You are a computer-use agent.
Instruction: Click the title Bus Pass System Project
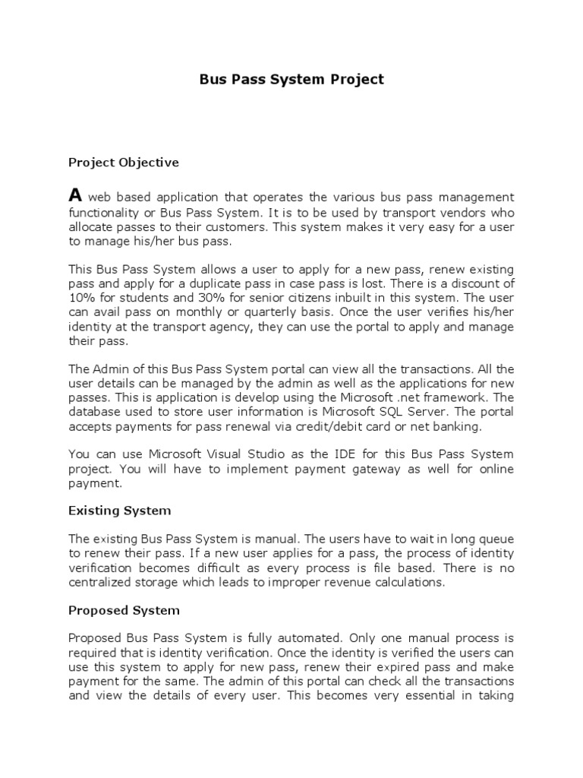(291, 80)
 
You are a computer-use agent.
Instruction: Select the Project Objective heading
(124, 162)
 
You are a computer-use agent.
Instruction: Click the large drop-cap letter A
(74, 195)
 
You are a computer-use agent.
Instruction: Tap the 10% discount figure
(80, 299)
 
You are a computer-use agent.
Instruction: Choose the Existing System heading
(119, 511)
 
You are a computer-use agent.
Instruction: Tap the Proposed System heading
(124, 610)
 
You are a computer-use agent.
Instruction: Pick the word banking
(457, 427)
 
